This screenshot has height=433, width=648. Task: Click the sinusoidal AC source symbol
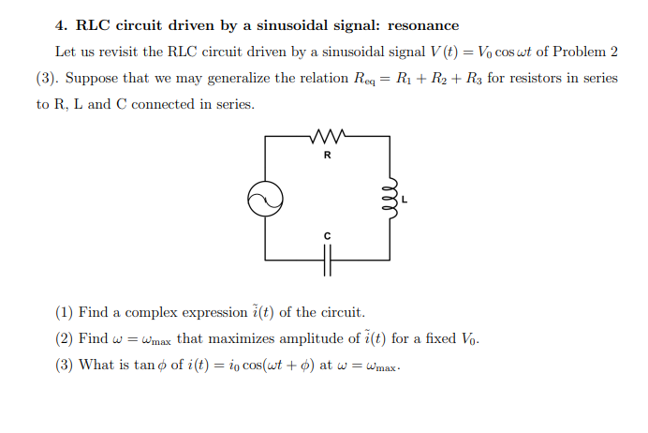[265, 198]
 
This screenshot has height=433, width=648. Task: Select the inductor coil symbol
[391, 198]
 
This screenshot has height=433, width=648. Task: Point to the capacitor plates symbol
[328, 259]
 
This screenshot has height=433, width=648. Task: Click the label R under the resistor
[327, 156]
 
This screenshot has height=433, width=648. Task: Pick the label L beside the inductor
[405, 200]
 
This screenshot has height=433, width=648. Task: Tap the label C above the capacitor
[327, 234]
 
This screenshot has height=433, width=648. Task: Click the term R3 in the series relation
[473, 79]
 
